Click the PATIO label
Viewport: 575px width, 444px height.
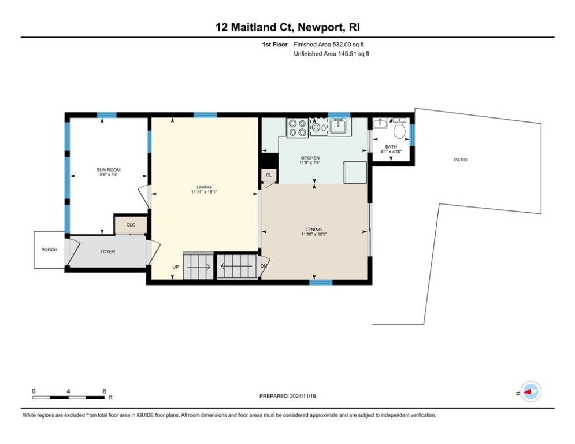coord(460,160)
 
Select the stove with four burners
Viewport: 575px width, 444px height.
coord(298,127)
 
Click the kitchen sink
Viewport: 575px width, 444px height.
coord(339,126)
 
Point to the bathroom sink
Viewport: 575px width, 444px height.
coord(380,123)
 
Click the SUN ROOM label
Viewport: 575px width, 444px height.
coord(108,169)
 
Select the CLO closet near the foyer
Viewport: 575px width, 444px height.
coord(131,225)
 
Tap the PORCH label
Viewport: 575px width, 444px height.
coord(49,250)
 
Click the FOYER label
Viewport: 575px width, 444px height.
coord(108,251)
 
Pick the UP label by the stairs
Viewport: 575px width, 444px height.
coord(175,267)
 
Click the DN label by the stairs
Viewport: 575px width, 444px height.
coord(264,267)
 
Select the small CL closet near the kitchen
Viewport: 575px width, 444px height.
coord(269,175)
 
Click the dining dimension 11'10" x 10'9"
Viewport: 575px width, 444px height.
coord(314,234)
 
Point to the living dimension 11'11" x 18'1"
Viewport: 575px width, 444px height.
coord(203,192)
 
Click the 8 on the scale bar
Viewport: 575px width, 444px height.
coord(104,391)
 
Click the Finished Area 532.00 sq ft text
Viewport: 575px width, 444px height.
coord(329,44)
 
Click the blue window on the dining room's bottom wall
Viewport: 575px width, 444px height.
coord(321,283)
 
